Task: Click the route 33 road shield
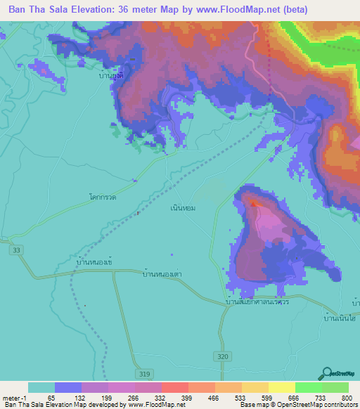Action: [x=15, y=249]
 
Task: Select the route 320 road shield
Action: [x=224, y=357]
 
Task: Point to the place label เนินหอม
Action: [x=182, y=209]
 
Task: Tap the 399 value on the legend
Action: [x=188, y=398]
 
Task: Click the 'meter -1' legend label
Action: [x=15, y=398]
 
